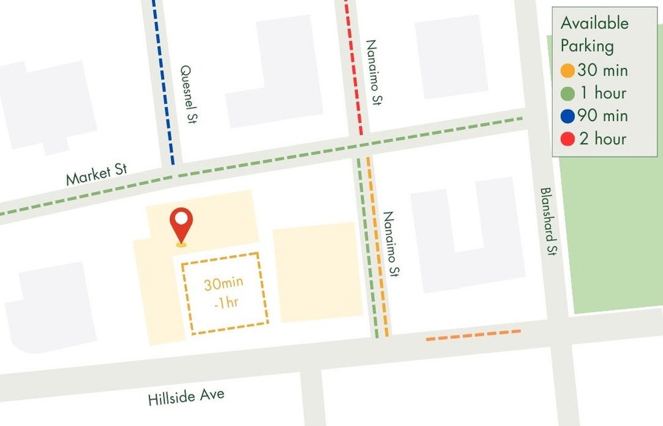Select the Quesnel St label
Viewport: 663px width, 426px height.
(x=190, y=94)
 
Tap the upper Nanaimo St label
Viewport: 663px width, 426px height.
(x=375, y=72)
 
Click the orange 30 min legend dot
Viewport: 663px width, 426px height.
(x=568, y=70)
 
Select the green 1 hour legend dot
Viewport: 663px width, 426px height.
(x=568, y=93)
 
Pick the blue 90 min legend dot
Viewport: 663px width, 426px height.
(x=568, y=116)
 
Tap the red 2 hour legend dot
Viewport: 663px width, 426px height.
(x=568, y=139)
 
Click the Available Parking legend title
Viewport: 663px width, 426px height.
(x=594, y=34)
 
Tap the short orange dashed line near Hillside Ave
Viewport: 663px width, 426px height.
(x=473, y=336)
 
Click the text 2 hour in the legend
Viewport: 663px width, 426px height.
(x=601, y=139)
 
